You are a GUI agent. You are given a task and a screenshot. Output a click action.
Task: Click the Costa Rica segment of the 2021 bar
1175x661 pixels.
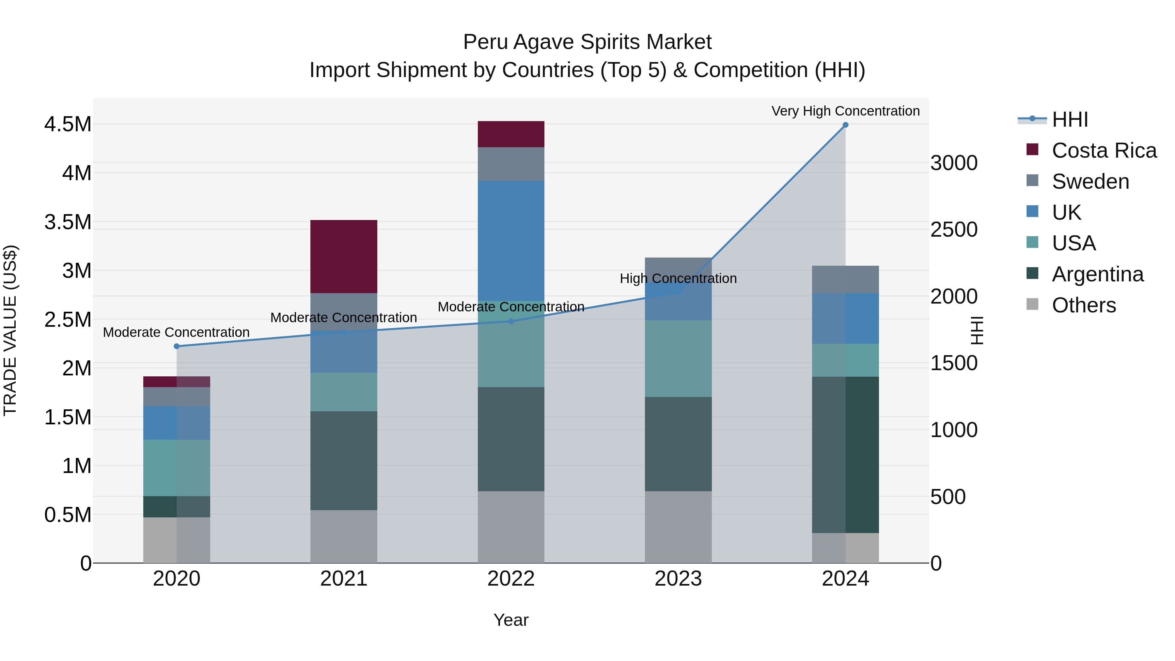tap(343, 256)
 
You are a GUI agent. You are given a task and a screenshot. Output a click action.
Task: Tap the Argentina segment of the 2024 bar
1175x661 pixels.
tap(845, 454)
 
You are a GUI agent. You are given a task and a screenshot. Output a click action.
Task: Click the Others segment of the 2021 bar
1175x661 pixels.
tap(343, 536)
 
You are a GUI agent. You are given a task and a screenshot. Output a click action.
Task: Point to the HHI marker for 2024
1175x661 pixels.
tap(845, 125)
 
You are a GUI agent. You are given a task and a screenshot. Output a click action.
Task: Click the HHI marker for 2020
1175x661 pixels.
tap(177, 346)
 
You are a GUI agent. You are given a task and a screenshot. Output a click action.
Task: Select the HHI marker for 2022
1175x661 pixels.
tap(511, 321)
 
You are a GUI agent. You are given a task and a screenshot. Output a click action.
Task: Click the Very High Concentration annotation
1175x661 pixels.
tap(845, 111)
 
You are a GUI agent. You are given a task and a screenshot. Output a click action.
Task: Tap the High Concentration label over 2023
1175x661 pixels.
tap(678, 278)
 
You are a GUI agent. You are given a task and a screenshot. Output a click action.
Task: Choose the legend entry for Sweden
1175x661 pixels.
tap(1090, 181)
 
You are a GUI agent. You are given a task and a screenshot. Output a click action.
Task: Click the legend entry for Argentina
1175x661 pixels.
tap(1097, 274)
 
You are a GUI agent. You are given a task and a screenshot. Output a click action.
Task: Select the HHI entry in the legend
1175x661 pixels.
tap(1070, 119)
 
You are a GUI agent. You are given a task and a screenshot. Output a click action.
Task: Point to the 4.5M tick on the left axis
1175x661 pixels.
tap(68, 124)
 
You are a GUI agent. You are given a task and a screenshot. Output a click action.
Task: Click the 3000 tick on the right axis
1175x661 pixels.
tap(954, 163)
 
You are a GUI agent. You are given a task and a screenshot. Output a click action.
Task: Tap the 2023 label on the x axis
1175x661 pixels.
tap(678, 579)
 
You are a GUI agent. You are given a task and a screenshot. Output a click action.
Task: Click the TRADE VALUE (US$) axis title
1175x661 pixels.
tap(10, 330)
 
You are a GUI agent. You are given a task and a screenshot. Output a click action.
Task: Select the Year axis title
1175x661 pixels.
tap(511, 620)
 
